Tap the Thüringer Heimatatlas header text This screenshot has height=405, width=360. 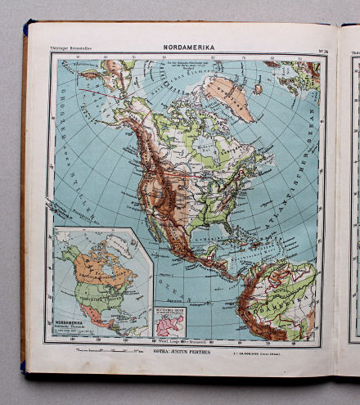coord(74,49)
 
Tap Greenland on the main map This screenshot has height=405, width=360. coord(231,97)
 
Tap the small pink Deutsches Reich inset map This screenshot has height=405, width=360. coord(169,321)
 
